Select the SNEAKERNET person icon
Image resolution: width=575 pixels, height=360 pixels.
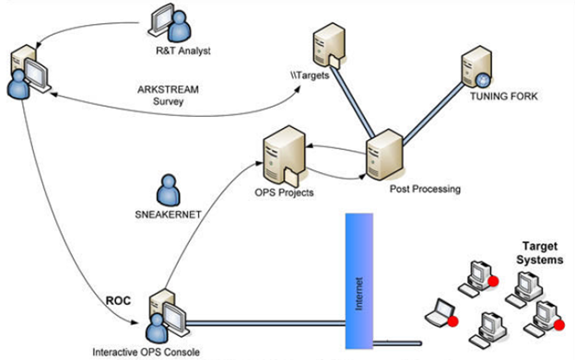point(170,190)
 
